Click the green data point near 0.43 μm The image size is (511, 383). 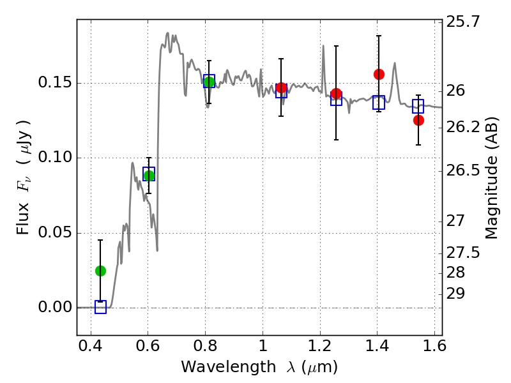click(100, 271)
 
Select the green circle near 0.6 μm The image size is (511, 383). click(149, 176)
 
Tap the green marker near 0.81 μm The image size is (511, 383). click(209, 82)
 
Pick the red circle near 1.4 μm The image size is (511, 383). click(379, 74)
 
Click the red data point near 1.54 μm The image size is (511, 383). click(418, 121)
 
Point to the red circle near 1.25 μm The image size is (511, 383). click(336, 94)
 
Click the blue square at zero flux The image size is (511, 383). click(100, 307)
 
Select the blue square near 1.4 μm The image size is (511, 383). click(379, 103)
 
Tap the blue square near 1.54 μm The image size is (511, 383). click(418, 106)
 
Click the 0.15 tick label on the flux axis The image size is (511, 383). click(55, 83)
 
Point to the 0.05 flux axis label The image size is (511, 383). click(55, 233)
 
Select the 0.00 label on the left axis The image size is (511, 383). click(55, 307)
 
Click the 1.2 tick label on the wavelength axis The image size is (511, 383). click(320, 346)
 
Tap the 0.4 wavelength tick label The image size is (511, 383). click(91, 346)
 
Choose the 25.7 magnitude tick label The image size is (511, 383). click(462, 22)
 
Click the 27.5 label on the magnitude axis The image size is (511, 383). click(462, 253)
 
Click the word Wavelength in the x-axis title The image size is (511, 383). click(229, 368)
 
